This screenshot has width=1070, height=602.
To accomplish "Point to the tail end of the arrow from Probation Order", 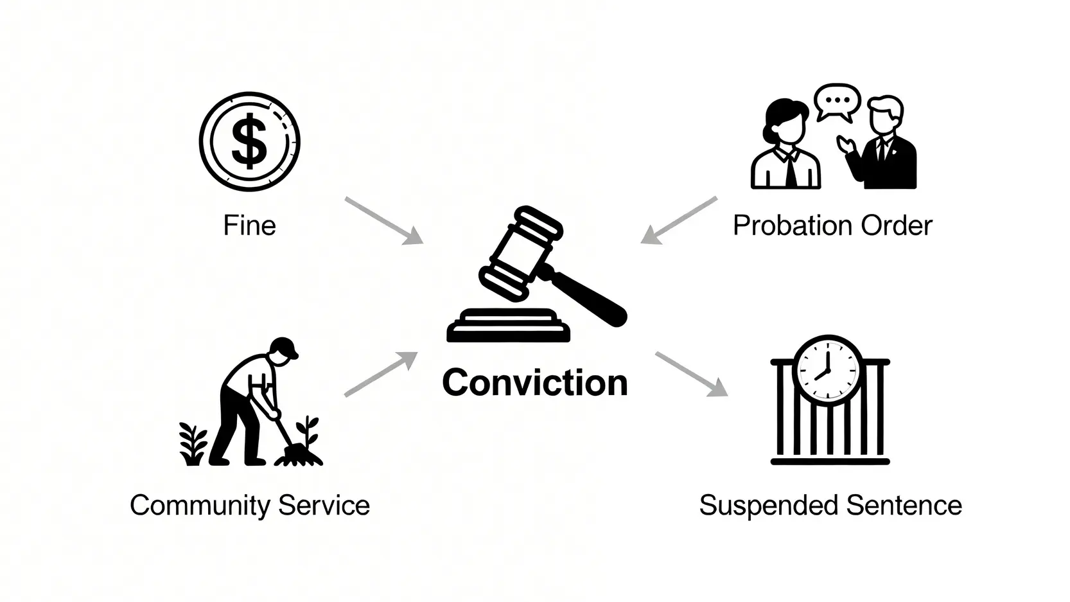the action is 717,199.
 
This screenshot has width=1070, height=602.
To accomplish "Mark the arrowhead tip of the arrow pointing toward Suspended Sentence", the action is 728,396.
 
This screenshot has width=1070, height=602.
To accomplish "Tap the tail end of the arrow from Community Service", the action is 346,395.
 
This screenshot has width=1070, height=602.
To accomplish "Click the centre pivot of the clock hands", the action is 828,370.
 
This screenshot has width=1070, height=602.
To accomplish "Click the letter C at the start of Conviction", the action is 456,383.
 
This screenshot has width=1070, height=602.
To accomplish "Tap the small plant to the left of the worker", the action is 193,444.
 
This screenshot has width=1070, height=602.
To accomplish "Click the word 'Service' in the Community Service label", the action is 324,505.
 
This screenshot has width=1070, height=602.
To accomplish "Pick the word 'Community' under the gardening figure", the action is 201,506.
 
